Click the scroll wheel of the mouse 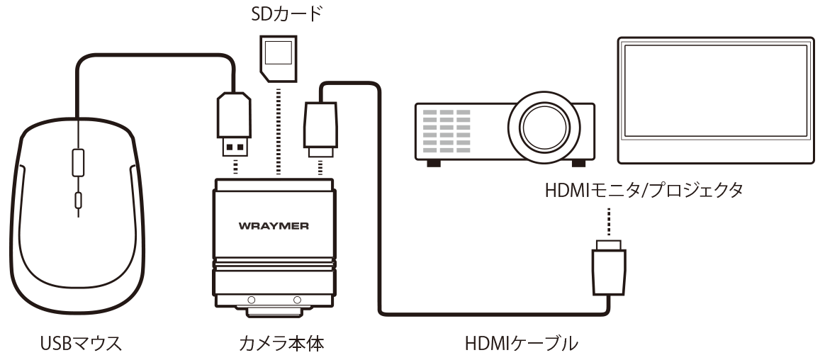click(77, 162)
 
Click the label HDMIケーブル click(521, 344)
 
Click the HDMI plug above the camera click(321, 128)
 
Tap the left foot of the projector click(431, 162)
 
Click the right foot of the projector click(578, 162)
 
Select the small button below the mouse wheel click(77, 201)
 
